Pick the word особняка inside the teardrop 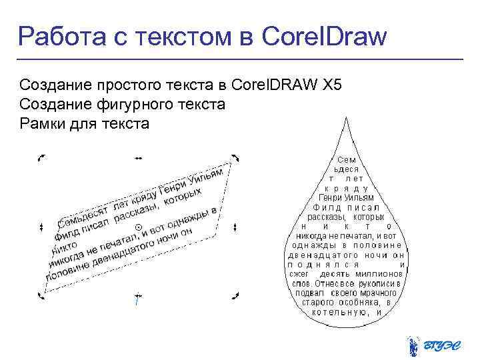[361, 302]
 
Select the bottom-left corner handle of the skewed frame [42, 295]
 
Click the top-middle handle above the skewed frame [138, 159]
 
